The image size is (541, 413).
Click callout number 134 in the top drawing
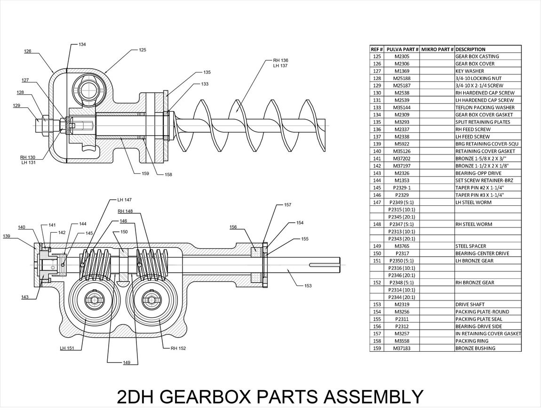(x=82, y=44)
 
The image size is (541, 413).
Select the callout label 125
(x=142, y=49)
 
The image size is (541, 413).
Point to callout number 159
(x=145, y=174)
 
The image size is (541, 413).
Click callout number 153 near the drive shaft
(x=308, y=285)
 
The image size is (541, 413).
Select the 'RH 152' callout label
(x=178, y=348)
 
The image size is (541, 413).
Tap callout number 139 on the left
(x=7, y=236)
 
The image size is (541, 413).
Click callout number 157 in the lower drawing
(x=287, y=205)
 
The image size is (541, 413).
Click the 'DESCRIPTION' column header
(x=470, y=49)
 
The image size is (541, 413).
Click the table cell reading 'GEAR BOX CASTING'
(x=477, y=57)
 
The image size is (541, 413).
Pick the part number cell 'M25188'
(x=402, y=78)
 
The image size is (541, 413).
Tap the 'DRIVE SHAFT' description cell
(x=469, y=305)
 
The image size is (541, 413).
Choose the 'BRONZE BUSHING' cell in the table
(x=475, y=348)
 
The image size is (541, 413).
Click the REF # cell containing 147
(x=377, y=202)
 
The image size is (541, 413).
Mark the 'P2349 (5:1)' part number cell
(x=402, y=202)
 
